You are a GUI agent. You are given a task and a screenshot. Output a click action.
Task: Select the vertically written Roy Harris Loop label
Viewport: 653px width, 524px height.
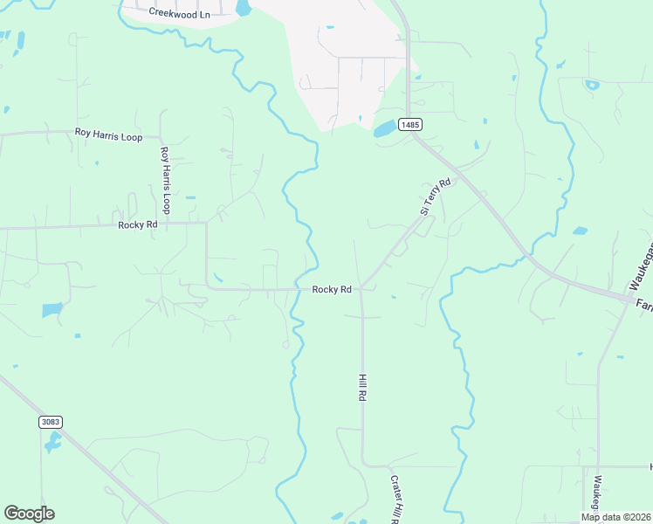[164, 180]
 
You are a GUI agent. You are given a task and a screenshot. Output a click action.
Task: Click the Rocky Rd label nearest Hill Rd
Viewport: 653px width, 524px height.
[332, 289]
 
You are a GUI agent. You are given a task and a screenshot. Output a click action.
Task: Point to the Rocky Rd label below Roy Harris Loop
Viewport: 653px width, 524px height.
[138, 224]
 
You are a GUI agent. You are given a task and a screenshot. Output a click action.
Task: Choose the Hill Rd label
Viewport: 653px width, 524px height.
[361, 387]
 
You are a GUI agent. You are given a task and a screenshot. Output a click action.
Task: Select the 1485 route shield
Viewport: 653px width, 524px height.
[410, 125]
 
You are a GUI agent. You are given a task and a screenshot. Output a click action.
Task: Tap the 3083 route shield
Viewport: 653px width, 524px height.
[51, 422]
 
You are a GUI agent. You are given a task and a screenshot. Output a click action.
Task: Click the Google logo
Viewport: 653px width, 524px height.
[29, 514]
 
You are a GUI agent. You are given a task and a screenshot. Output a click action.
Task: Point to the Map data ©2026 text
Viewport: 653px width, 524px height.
[616, 517]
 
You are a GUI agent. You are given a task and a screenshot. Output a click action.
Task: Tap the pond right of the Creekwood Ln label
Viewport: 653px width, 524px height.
[243, 9]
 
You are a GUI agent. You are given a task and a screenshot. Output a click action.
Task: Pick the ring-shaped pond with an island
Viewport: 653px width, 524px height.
[593, 86]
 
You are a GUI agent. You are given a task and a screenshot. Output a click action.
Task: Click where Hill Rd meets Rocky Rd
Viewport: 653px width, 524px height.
[361, 289]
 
